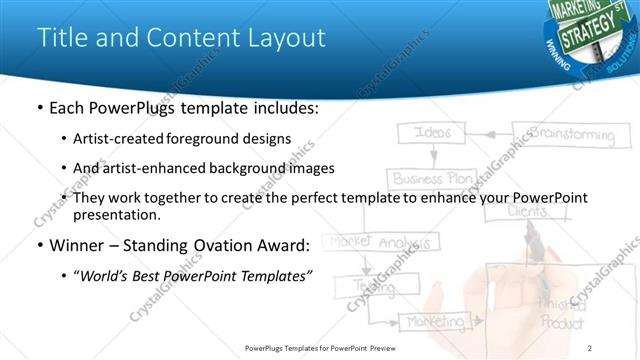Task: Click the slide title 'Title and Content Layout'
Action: click(x=181, y=38)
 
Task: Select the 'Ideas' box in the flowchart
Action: click(x=432, y=134)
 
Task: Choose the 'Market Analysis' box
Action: click(x=381, y=242)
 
